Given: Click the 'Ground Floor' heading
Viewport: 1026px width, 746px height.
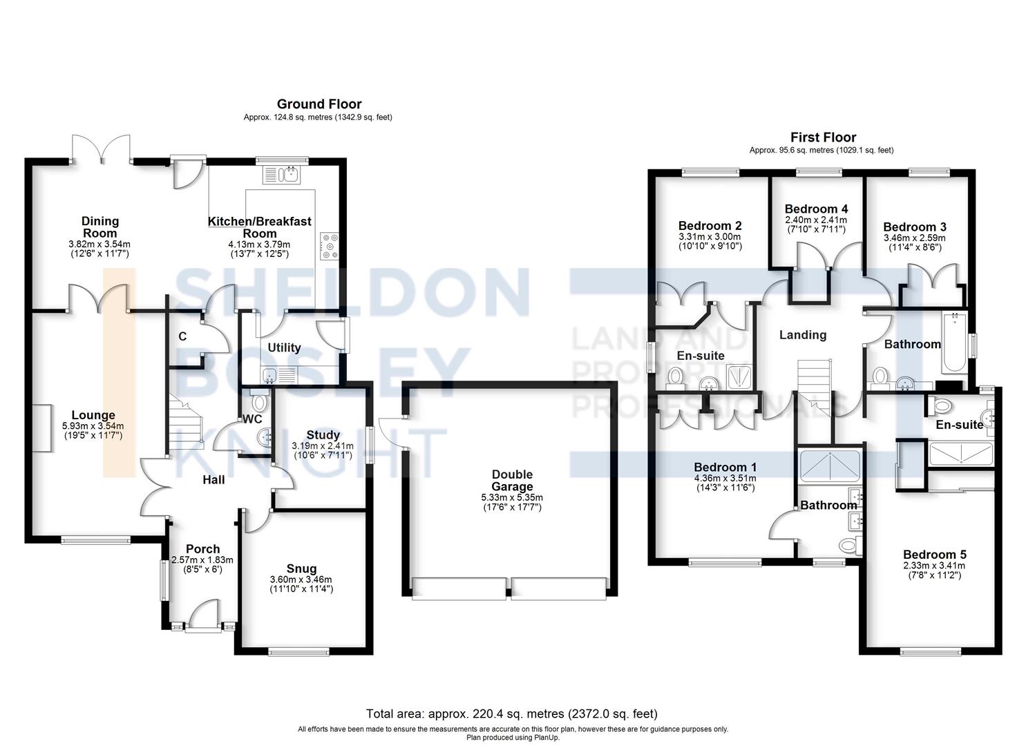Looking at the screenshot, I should pyautogui.click(x=319, y=104).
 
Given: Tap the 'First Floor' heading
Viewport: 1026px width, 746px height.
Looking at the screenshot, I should pyautogui.click(x=823, y=137).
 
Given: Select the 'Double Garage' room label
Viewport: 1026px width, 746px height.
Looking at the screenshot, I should pyautogui.click(x=512, y=480).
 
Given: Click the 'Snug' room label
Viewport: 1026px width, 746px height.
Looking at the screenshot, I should pyautogui.click(x=301, y=568).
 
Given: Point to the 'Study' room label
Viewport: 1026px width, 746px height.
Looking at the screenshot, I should pyautogui.click(x=323, y=434).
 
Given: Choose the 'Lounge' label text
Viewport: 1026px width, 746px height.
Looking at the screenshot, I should pyautogui.click(x=93, y=415).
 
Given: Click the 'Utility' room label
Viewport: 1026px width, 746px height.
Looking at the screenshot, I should pyautogui.click(x=284, y=347).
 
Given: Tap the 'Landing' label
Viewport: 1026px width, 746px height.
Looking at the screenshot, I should pyautogui.click(x=802, y=335).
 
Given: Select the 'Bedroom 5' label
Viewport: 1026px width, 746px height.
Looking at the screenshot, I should pyautogui.click(x=934, y=554).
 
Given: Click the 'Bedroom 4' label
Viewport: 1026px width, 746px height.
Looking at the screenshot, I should pyautogui.click(x=816, y=209).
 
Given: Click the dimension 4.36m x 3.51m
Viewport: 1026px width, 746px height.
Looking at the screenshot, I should pyautogui.click(x=724, y=478).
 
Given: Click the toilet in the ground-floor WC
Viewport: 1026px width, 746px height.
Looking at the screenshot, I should pyautogui.click(x=259, y=401).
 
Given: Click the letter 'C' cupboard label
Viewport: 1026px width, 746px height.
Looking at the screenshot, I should pyautogui.click(x=182, y=336).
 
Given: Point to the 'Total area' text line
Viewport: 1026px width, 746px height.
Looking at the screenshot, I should pyautogui.click(x=511, y=714).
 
